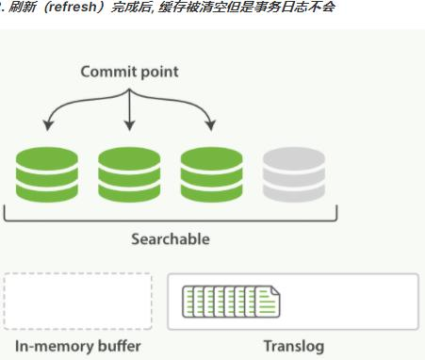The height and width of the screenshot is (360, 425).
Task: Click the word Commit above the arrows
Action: click(x=106, y=72)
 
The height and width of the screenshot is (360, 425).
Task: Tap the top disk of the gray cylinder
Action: click(x=294, y=156)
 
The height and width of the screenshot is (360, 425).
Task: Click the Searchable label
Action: click(x=171, y=238)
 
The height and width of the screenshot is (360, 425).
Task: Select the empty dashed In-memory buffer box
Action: click(x=77, y=302)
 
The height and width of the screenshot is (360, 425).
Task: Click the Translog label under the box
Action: click(x=293, y=346)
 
